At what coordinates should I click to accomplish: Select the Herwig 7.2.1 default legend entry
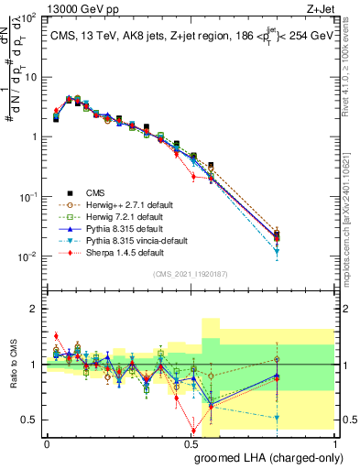pos(120,216)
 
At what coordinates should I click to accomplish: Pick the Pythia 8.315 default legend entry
pos(121,228)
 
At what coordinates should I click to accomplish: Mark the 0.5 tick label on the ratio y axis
pos(30,420)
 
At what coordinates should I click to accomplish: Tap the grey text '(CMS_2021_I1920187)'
pos(189,274)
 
